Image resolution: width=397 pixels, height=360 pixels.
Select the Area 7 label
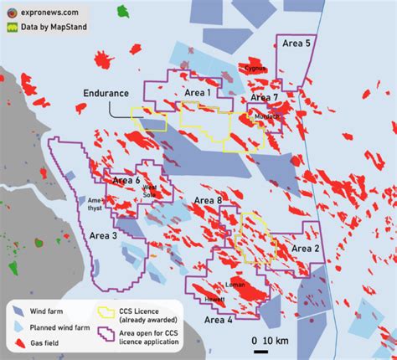click(x=265, y=98)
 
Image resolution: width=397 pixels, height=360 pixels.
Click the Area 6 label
click(x=126, y=180)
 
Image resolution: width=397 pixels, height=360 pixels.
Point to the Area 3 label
click(x=104, y=236)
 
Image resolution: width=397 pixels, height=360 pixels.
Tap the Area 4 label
click(x=219, y=320)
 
